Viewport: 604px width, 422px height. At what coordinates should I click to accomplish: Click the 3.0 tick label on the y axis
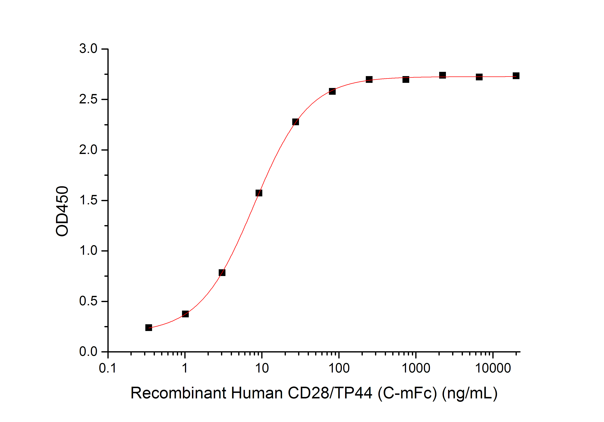coord(88,49)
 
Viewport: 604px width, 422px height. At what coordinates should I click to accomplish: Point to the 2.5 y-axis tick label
coord(88,99)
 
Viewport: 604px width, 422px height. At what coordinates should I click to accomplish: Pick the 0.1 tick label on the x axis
coord(108,368)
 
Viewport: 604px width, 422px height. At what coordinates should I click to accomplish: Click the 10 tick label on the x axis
coord(262,368)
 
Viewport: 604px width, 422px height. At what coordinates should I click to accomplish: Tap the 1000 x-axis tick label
coord(416,368)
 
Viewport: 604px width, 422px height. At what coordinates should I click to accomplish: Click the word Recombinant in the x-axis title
coord(178,393)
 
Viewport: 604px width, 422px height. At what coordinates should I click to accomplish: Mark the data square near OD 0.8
coord(222,272)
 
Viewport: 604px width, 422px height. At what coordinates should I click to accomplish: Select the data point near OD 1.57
coord(259,193)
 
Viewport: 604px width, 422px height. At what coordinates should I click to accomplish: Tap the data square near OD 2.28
coord(296,122)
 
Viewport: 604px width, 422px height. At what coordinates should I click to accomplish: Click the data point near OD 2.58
coord(332,91)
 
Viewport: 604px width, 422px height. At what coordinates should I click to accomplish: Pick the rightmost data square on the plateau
coord(516,76)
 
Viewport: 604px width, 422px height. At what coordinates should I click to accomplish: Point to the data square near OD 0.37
coord(185,314)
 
